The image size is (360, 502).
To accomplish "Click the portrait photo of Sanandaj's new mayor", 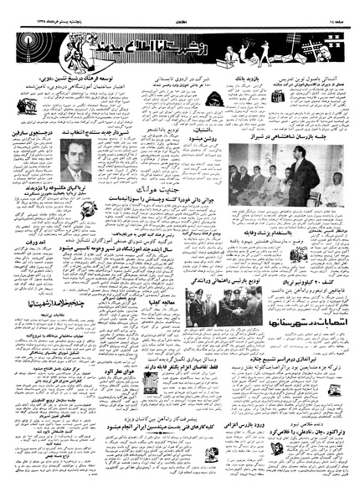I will pos(76,160).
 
